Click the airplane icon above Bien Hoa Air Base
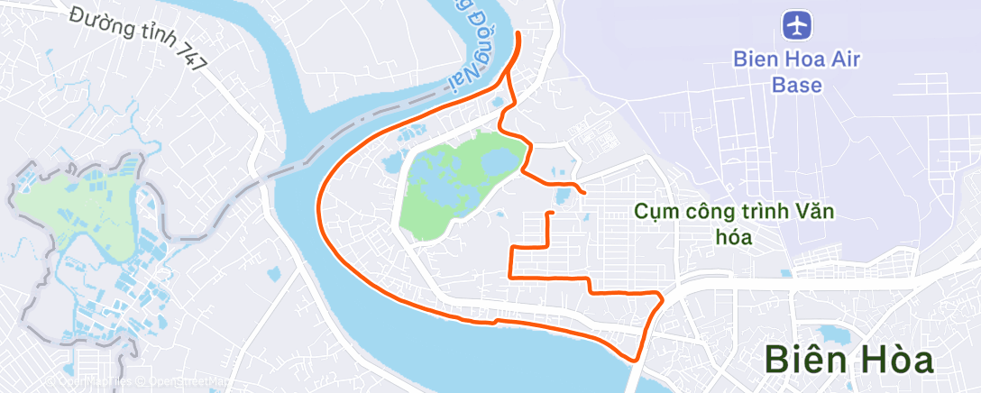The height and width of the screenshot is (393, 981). click(797, 25)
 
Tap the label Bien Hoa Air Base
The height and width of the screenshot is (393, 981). click(797, 73)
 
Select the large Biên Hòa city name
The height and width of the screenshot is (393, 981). click(848, 360)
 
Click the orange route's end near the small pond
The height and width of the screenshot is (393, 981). click(585, 193)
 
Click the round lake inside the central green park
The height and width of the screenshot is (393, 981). click(498, 162)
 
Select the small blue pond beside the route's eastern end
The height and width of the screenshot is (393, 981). click(564, 195)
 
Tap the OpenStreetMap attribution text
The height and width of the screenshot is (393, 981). click(185, 383)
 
